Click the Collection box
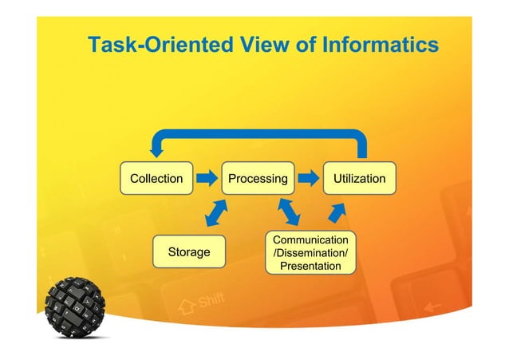pos(156,179)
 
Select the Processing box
pos(258,179)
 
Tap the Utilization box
pos(358,179)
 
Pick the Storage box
pos(188,252)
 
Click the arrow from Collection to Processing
pos(207,179)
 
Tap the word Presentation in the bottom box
pos(310,266)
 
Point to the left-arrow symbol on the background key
pos(433,307)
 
